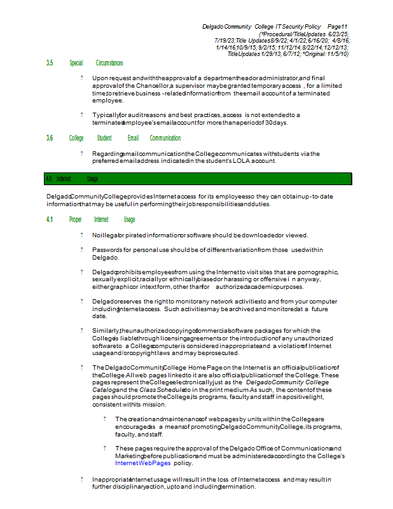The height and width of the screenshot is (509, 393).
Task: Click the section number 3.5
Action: coord(50,64)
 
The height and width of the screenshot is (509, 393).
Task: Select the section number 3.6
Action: coord(50,138)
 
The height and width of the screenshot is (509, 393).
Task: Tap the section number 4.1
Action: coord(50,220)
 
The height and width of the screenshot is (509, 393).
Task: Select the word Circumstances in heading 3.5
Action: coord(109,64)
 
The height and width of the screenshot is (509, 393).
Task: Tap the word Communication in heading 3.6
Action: coord(165,138)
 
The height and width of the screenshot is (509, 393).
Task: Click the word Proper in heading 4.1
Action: coord(76,220)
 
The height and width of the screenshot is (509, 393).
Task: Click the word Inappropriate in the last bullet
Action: coord(111,479)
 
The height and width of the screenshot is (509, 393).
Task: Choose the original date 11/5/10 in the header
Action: coord(336,54)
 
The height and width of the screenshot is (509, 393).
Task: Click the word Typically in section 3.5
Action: coord(105,115)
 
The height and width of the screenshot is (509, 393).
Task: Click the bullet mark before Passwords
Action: coord(81,250)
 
